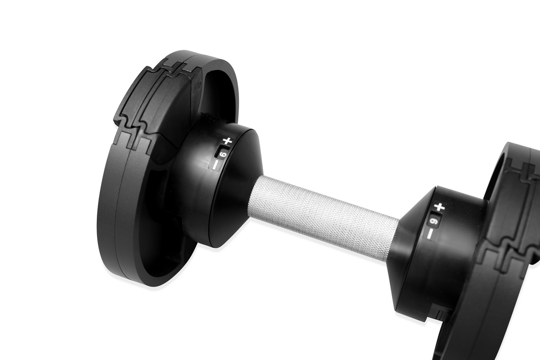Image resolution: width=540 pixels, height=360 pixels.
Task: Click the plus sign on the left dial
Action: click(228, 141)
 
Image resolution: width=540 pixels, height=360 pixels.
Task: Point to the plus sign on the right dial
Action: click(440, 208)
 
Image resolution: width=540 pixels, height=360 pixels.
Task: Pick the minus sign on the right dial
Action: click(431, 233)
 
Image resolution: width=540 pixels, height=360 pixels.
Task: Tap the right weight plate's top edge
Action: click(517, 148)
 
